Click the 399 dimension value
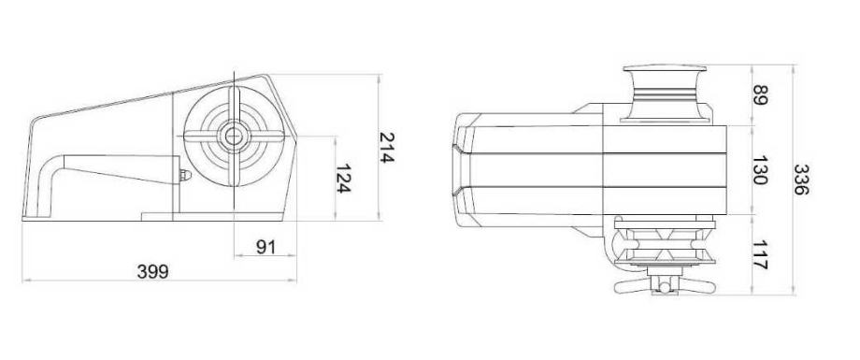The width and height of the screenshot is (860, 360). [153, 271]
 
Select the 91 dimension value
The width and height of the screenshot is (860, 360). [265, 248]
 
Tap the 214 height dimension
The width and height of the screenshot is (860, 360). [387, 148]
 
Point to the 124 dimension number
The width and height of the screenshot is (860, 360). [343, 179]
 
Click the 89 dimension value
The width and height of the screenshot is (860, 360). [760, 95]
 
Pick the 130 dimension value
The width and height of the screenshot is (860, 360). [760, 170]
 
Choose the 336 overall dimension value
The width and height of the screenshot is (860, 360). [801, 180]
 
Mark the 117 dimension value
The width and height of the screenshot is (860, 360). [760, 255]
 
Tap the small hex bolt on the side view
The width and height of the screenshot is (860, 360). [185, 175]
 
